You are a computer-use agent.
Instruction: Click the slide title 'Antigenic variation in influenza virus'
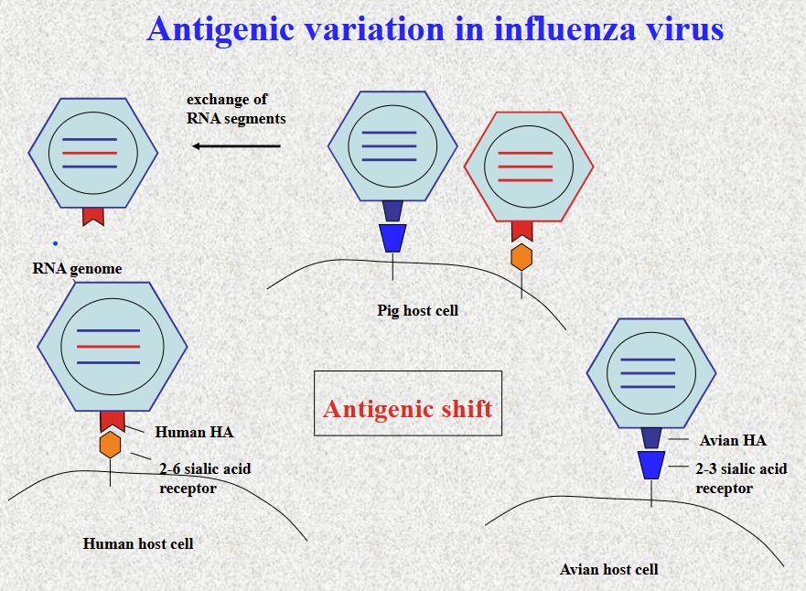click(435, 29)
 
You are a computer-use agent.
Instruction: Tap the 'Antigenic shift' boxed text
click(407, 408)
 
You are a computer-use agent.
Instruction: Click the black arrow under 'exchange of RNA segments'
click(236, 146)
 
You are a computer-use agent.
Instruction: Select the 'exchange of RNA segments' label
click(236, 109)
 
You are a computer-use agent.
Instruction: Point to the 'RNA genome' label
click(77, 269)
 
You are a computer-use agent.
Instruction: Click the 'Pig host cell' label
click(417, 310)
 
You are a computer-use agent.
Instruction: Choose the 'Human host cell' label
click(138, 543)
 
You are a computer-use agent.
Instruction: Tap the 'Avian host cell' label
click(608, 569)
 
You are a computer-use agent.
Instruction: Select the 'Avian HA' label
click(733, 440)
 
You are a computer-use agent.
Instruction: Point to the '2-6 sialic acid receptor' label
click(204, 478)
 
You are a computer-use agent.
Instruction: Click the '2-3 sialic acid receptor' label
click(740, 478)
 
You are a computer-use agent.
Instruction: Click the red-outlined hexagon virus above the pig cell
click(528, 167)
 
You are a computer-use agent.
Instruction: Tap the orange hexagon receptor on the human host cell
click(111, 445)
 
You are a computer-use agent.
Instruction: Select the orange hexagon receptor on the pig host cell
click(521, 257)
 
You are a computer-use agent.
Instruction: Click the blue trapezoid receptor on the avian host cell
click(651, 465)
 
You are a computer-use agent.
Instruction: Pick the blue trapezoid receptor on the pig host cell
click(392, 238)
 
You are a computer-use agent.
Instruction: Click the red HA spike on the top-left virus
click(93, 216)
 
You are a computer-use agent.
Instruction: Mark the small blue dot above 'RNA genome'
click(55, 243)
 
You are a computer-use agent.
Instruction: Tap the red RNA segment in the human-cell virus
click(108, 347)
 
